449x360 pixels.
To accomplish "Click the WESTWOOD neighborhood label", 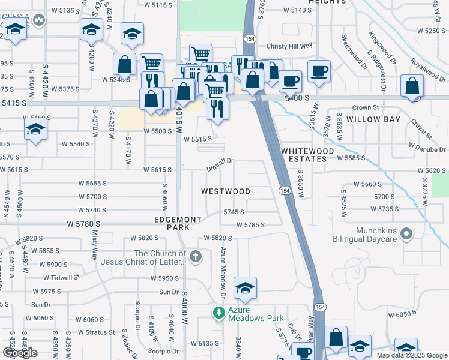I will click(225, 191).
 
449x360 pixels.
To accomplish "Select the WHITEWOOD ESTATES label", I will click(304, 154).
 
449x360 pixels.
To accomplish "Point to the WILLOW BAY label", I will click(374, 119).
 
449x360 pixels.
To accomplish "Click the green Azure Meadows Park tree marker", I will click(219, 313).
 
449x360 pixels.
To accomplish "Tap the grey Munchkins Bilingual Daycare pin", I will click(407, 233).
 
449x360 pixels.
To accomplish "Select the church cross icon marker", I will click(195, 257).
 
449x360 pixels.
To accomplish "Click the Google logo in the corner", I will click(20, 353).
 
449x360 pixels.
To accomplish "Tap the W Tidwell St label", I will click(61, 278).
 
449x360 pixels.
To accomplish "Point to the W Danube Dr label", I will click(427, 146).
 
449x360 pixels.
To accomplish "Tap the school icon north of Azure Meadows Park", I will click(245, 289).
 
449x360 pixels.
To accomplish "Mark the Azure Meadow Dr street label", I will click(222, 273).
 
